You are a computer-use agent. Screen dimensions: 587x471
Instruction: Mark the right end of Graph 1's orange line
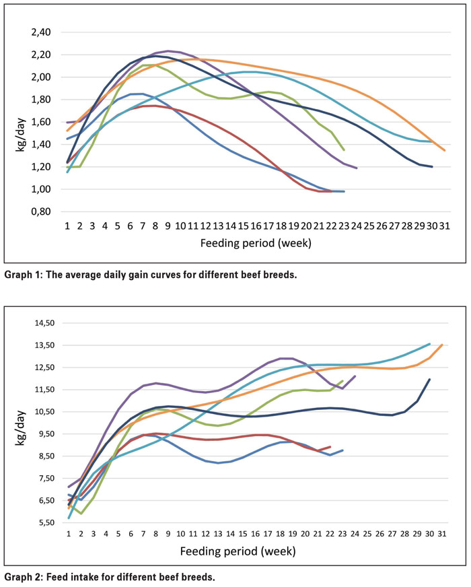pyautogui.click(x=444, y=150)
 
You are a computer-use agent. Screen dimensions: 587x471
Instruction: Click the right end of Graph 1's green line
pyautogui.click(x=344, y=150)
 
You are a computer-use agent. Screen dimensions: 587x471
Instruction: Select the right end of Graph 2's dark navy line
pyautogui.click(x=429, y=379)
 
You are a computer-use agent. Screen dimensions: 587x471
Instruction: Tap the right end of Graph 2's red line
pyautogui.click(x=330, y=446)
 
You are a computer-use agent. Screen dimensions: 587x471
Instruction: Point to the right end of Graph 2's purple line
pyautogui.click(x=355, y=376)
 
